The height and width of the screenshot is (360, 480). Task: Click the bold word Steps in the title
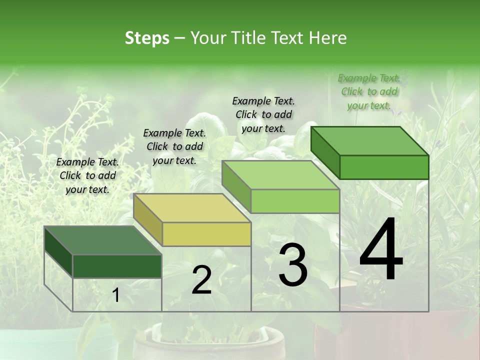(x=147, y=38)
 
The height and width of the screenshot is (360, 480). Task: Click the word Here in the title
(x=328, y=38)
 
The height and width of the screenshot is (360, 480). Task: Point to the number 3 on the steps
(x=292, y=265)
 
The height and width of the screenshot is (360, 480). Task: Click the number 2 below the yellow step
(x=201, y=280)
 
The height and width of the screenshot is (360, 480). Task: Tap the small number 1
(x=116, y=295)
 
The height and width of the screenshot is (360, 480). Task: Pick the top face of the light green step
(x=280, y=175)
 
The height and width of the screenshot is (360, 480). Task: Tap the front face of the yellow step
(x=206, y=234)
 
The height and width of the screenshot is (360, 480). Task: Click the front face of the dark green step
(x=117, y=266)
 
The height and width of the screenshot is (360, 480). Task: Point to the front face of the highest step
(x=384, y=167)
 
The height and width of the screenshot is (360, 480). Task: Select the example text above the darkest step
(x=87, y=175)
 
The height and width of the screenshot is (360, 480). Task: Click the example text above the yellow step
(x=174, y=146)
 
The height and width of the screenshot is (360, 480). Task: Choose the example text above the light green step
(x=263, y=114)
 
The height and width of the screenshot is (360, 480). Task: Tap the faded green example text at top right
(x=369, y=91)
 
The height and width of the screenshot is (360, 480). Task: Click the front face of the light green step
(x=295, y=201)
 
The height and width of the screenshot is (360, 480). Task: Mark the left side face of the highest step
(x=325, y=152)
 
